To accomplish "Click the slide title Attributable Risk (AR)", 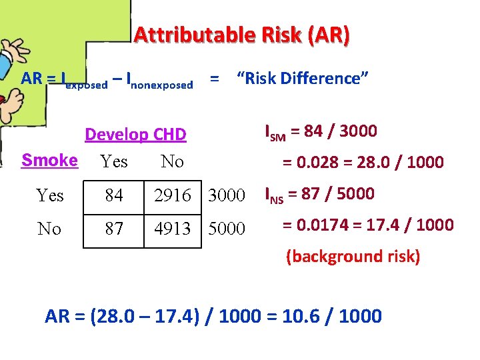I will tap(241, 35).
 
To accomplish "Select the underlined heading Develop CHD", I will tap(135, 135).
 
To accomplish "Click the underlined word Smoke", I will tap(49, 160).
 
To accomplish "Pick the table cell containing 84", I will tap(114, 196).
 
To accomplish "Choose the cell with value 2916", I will tap(172, 196).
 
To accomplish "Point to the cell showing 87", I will tap(114, 229).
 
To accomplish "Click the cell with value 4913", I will tap(172, 229).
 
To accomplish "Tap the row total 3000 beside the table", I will tap(227, 196).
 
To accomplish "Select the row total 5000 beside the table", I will tap(227, 229).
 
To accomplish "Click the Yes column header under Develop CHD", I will tap(113, 161).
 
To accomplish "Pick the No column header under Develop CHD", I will tap(172, 161).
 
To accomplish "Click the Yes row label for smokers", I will tap(50, 196).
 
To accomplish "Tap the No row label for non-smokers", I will tap(50, 229).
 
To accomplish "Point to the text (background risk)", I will tap(353, 257).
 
